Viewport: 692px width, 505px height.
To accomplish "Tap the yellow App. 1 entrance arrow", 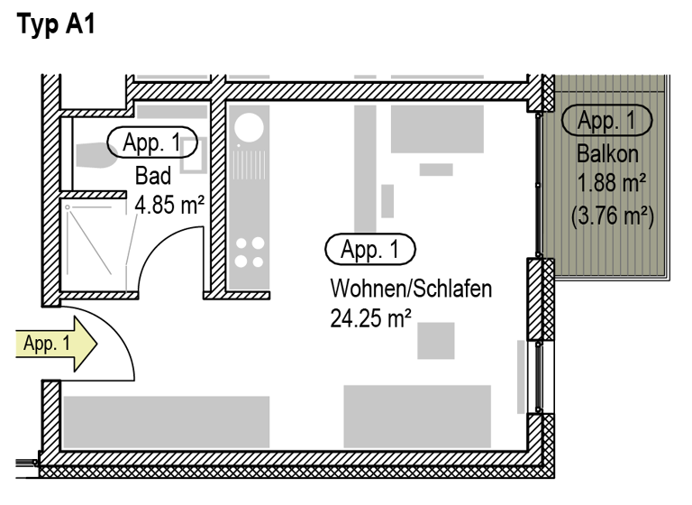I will coord(55,343).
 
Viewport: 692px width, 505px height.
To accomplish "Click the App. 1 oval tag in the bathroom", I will coord(150,142).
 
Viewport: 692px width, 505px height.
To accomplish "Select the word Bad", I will coord(152,174).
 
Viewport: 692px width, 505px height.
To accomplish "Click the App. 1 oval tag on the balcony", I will coord(607,120).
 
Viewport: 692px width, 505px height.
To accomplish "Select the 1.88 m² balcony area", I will coord(612,184).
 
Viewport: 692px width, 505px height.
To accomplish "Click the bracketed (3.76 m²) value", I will coord(612,216).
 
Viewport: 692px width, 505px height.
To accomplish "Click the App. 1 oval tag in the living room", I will coord(370,250).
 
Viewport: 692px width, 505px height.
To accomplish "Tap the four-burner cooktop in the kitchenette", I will coord(249,252).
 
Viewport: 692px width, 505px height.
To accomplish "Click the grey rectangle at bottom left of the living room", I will coord(166,421).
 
